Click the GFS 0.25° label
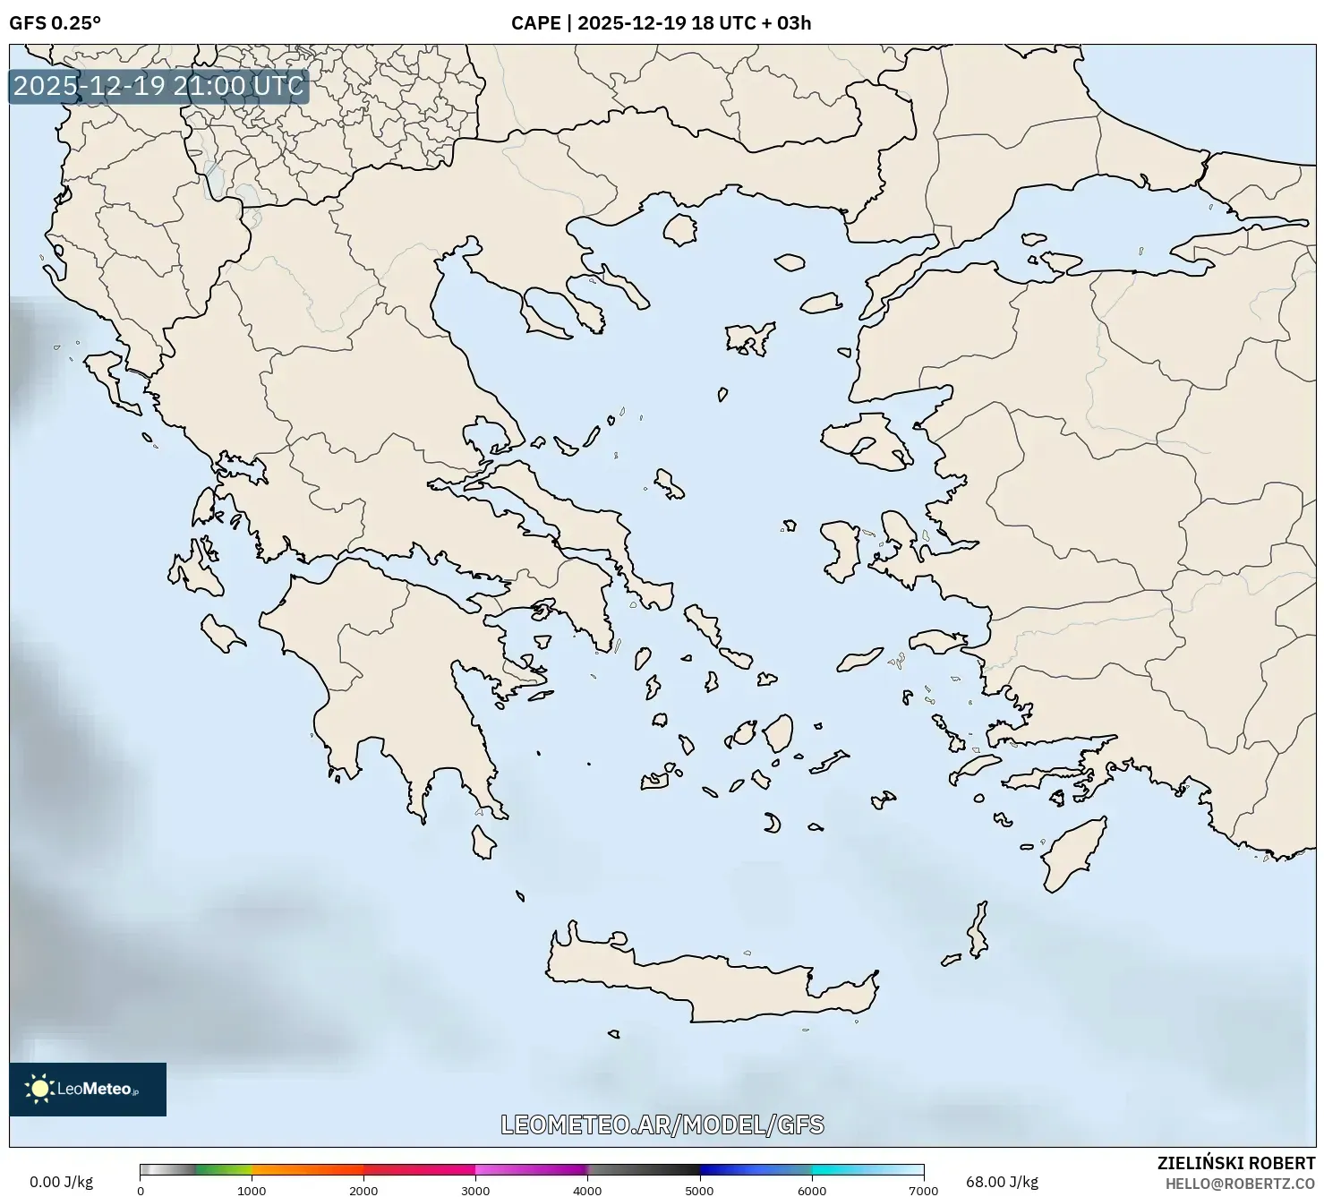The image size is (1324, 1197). pos(55,23)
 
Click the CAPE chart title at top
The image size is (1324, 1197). pos(661,23)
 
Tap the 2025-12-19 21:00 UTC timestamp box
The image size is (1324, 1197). pos(158,86)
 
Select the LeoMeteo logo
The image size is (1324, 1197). pos(88,1089)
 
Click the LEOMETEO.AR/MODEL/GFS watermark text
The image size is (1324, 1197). pos(662,1124)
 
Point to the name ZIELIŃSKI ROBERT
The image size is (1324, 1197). pos(1236,1163)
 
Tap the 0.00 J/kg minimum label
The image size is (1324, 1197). pos(62,1182)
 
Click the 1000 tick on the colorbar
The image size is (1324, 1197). pos(252,1190)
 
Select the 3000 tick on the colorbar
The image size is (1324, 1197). pos(475,1190)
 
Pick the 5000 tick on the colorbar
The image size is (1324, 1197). pos(699,1190)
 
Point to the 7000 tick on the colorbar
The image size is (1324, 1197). pos(923,1190)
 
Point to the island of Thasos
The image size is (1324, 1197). pos(680,229)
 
